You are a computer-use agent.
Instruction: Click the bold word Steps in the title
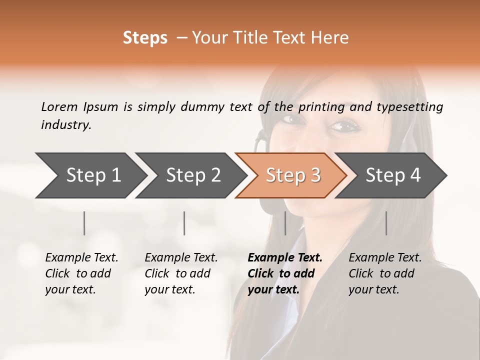[145, 38]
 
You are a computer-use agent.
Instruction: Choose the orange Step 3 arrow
[293, 175]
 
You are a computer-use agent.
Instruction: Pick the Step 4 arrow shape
[393, 175]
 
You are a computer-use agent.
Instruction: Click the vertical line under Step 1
[84, 223]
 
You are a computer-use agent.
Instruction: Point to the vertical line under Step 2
[184, 223]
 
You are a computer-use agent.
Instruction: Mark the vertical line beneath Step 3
[285, 223]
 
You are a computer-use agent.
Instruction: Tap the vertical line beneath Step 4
[386, 223]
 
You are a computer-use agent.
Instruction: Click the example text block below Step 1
[81, 273]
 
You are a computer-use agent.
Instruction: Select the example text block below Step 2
[181, 273]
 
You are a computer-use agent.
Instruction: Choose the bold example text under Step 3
[285, 273]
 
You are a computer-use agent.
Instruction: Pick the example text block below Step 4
[385, 273]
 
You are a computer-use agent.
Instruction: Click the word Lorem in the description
[59, 106]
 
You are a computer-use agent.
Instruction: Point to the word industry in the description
[66, 125]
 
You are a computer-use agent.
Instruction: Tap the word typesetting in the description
[408, 107]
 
